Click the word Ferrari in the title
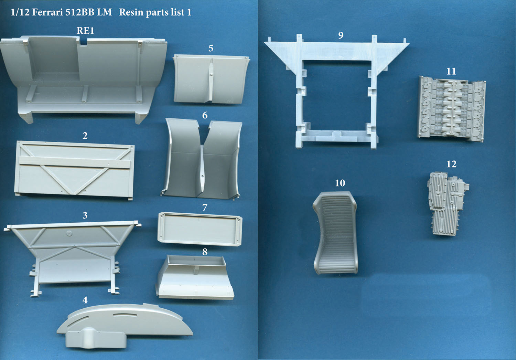[x=47, y=12]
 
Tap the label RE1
[x=85, y=31]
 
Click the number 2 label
[x=85, y=136]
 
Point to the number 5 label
[x=211, y=48]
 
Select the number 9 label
[x=341, y=35]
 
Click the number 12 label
[x=451, y=164]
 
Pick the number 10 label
[x=340, y=183]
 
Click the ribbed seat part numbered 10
[x=335, y=233]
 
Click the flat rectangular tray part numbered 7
[x=200, y=229]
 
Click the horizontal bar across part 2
[x=74, y=162]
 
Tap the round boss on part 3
[x=69, y=233]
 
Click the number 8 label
[x=205, y=252]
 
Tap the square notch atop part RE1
[x=83, y=41]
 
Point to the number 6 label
[x=205, y=115]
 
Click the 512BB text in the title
[x=79, y=12]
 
